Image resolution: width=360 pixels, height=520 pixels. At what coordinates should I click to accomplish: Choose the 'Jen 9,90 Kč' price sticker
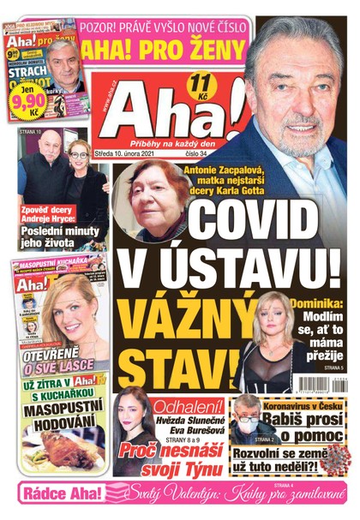(33, 104)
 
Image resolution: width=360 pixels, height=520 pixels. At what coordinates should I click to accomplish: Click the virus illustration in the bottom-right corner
(343, 450)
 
